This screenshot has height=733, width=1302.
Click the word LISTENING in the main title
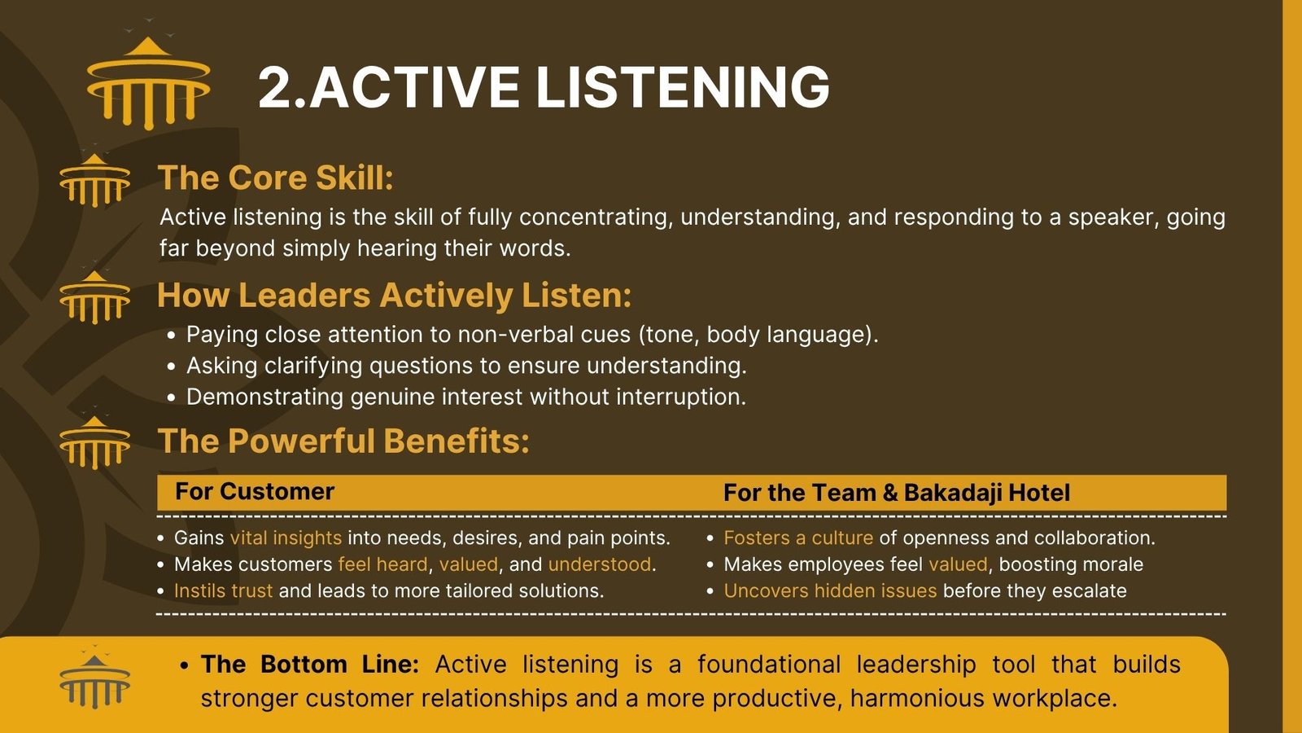(683, 87)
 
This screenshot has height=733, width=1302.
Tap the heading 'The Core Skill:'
(276, 178)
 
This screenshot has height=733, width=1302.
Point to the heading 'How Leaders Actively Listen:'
(394, 295)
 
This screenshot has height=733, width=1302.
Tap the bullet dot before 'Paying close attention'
(171, 336)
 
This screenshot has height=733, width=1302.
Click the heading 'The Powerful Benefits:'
(343, 441)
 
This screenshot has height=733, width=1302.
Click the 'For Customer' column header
(255, 492)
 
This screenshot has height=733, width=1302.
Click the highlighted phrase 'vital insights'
(286, 538)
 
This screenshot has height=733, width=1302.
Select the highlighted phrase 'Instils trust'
(223, 591)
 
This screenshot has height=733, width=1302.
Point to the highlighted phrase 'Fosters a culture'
(798, 538)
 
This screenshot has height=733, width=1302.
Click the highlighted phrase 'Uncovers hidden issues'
(830, 591)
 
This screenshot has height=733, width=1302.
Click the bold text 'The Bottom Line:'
(310, 665)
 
